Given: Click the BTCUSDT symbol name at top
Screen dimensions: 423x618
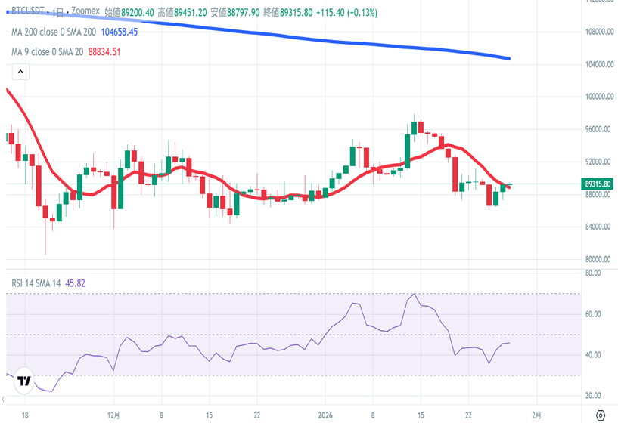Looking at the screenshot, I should [x=28, y=13].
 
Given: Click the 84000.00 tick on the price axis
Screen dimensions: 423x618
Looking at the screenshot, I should [x=593, y=227].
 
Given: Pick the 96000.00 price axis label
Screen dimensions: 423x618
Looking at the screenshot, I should [x=593, y=129].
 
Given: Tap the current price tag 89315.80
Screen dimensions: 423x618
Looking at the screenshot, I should [x=598, y=184].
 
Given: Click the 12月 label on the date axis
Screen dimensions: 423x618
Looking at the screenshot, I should [x=114, y=415].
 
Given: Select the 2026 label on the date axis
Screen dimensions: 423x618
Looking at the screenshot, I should [x=326, y=415].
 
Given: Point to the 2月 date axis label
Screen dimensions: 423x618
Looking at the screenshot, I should [x=537, y=415].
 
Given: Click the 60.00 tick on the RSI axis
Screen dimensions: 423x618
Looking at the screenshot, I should [x=592, y=314].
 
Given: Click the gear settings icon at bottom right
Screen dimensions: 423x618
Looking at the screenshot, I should [x=601, y=415].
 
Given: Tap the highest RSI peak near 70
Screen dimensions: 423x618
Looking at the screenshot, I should [x=414, y=294].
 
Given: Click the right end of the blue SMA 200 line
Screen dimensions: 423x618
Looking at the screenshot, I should [x=509, y=59].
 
